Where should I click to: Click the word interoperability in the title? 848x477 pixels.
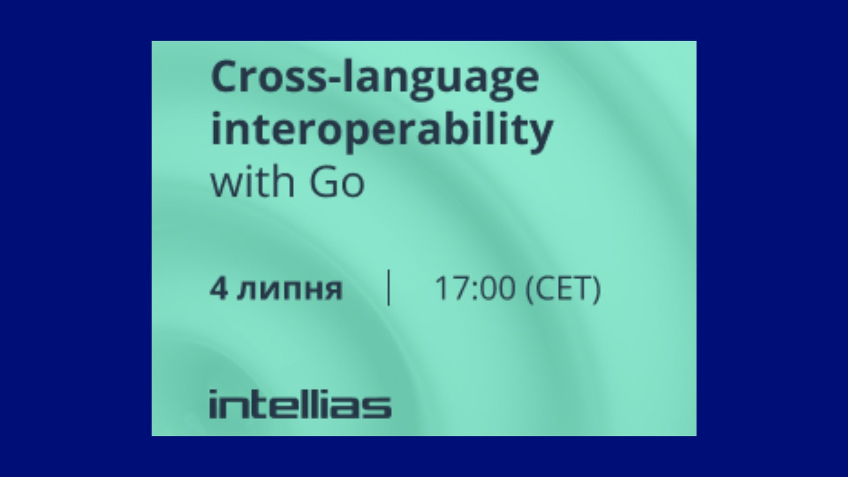tap(382, 131)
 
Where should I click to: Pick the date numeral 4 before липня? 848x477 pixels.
tap(219, 289)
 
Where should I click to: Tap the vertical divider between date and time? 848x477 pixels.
tap(389, 288)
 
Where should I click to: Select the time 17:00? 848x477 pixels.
tap(475, 289)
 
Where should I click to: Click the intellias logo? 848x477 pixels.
tap(300, 404)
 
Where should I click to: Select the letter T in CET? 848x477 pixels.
tap(579, 289)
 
